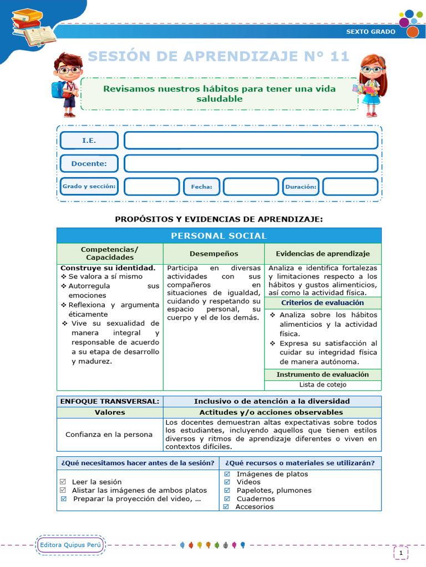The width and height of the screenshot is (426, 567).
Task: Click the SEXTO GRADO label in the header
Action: point(371,32)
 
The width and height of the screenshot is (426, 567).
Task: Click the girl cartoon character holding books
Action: point(369,85)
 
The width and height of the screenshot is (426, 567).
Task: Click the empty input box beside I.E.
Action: point(251,141)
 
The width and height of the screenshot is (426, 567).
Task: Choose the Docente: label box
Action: point(89,163)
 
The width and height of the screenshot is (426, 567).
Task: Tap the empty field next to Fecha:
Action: point(250,187)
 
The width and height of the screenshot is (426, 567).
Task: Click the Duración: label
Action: point(301,187)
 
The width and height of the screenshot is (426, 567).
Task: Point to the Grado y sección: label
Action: point(89,187)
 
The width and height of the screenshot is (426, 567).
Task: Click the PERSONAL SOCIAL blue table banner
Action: point(219,235)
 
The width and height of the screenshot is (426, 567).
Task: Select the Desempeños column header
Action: point(214,254)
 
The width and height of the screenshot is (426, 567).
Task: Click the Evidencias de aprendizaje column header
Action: point(323,254)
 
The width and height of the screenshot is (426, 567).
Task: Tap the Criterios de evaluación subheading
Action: point(323,303)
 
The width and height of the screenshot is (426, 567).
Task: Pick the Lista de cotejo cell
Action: point(323,384)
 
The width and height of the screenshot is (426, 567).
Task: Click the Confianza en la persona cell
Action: point(109,434)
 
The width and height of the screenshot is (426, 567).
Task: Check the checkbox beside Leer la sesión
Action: point(63,482)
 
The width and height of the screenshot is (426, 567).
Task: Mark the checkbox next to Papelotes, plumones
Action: point(227,490)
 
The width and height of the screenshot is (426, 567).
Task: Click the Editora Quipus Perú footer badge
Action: point(71,545)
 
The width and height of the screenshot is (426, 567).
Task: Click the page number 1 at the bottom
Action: point(400,552)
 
